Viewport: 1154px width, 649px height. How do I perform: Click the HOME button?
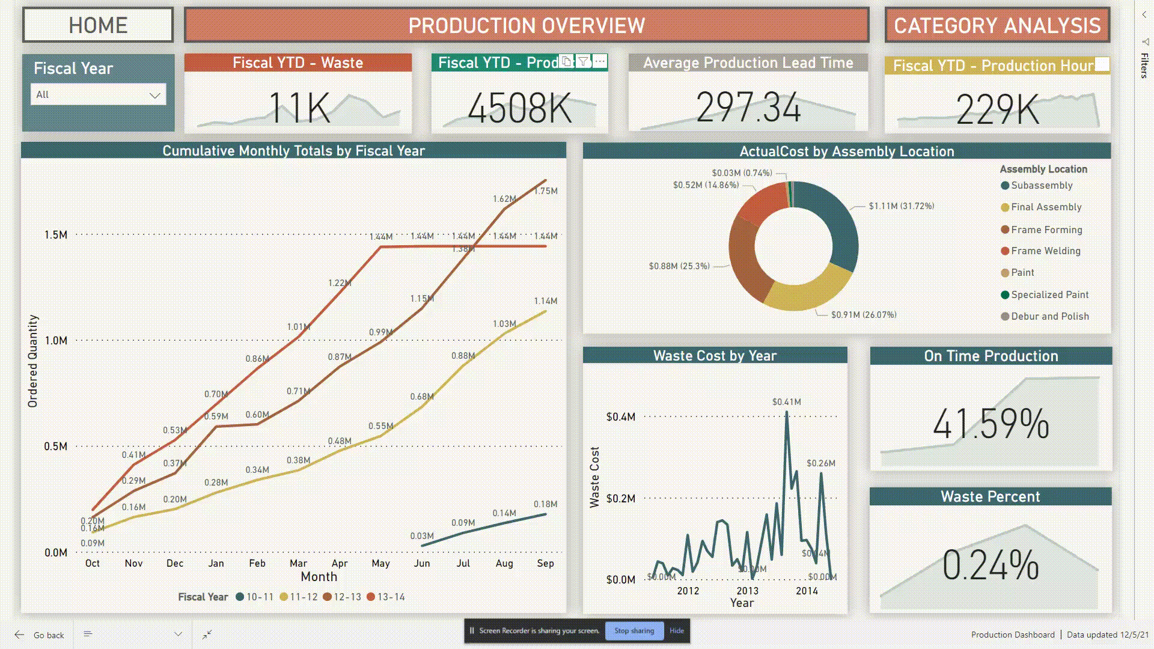click(98, 25)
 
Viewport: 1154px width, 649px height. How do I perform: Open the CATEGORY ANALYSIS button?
click(997, 25)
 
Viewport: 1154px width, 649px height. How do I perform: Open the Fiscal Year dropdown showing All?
click(98, 94)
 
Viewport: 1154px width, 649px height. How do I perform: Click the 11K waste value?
click(299, 109)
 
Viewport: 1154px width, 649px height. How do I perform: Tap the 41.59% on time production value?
click(991, 424)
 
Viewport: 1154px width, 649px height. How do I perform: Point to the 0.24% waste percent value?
click(990, 565)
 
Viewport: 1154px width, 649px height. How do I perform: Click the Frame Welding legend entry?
click(1045, 251)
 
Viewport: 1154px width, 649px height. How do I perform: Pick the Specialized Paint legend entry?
click(1049, 294)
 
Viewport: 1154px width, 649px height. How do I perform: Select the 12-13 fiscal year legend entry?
click(343, 597)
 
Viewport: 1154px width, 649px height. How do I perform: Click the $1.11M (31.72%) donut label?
click(901, 206)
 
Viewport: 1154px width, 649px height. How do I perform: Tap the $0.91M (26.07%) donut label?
click(863, 315)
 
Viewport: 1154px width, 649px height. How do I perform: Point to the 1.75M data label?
click(546, 191)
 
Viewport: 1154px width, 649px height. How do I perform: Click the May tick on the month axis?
click(380, 563)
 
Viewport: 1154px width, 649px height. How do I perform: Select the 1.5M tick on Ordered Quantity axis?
click(55, 235)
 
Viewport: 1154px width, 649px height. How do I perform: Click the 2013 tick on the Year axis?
click(747, 591)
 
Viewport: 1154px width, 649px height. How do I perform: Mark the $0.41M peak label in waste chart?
click(786, 402)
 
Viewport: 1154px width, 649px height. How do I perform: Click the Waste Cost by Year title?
click(715, 356)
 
